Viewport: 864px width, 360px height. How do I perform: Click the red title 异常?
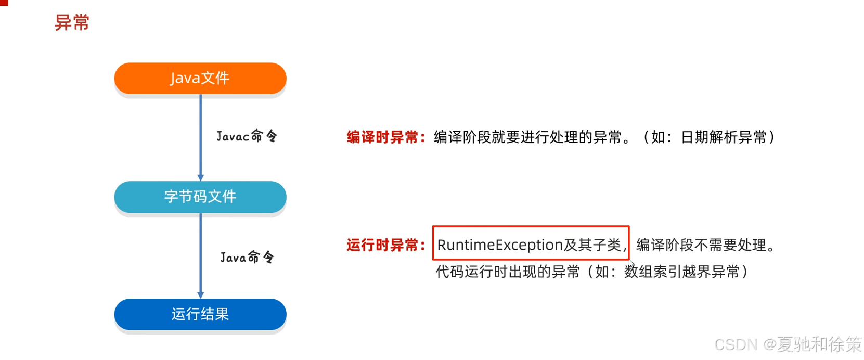[72, 23]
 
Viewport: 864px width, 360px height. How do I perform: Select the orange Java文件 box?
[200, 78]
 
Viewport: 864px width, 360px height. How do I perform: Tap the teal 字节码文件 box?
[200, 197]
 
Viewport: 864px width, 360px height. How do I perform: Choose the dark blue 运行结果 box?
[200, 314]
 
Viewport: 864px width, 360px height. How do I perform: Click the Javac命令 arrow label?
[247, 136]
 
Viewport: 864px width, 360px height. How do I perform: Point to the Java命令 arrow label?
[247, 257]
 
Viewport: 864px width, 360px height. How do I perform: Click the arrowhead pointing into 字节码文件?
[201, 177]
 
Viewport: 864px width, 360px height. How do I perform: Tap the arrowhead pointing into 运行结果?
[201, 295]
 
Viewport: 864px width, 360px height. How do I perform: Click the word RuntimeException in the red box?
[500, 245]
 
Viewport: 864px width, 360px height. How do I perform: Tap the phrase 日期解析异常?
[724, 137]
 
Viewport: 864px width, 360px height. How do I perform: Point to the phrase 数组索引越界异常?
[681, 272]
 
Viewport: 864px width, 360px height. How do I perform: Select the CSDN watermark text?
[736, 344]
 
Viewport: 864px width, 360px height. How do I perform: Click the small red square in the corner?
[4, 3]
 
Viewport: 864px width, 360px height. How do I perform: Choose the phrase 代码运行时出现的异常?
[508, 272]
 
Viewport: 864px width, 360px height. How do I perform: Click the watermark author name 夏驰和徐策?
[819, 344]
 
